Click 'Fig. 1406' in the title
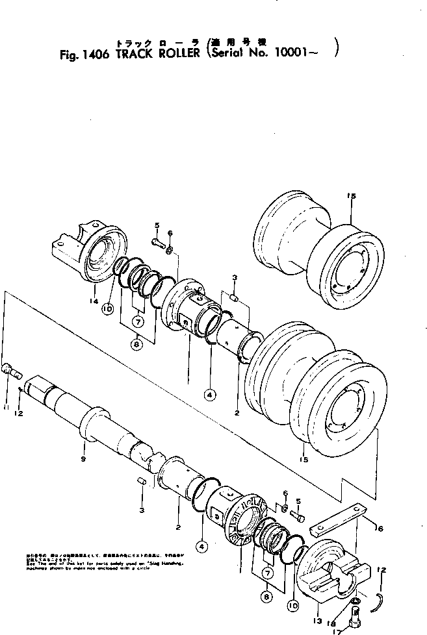click(84, 55)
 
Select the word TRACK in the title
click(133, 55)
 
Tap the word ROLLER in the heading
click(177, 55)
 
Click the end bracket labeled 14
click(84, 250)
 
